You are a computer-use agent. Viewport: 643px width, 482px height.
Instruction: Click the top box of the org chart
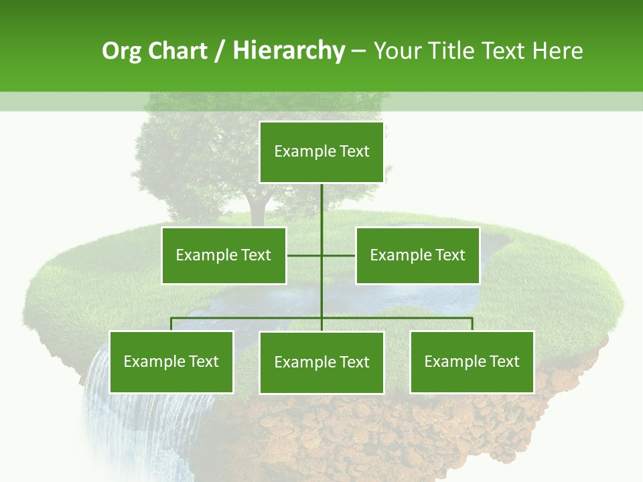click(x=321, y=152)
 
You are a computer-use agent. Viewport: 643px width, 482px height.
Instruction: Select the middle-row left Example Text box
click(x=223, y=255)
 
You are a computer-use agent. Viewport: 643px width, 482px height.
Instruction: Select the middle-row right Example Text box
click(x=417, y=255)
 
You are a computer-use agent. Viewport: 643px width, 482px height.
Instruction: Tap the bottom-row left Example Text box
click(x=171, y=361)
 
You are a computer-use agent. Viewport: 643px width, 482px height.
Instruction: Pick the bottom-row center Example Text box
click(x=321, y=362)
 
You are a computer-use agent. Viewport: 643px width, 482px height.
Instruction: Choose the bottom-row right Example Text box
click(x=472, y=361)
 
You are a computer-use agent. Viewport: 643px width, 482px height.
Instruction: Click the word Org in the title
click(x=121, y=51)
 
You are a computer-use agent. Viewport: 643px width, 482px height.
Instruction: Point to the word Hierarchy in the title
click(x=288, y=51)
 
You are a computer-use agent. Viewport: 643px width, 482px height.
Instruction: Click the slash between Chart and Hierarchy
click(x=220, y=51)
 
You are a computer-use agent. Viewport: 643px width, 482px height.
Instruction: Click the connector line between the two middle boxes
click(x=305, y=255)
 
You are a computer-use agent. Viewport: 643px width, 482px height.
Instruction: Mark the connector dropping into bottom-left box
click(x=171, y=324)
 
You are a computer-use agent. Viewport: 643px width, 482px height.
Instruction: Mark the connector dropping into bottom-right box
click(x=472, y=324)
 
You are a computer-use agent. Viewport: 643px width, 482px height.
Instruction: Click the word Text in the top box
click(x=354, y=152)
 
